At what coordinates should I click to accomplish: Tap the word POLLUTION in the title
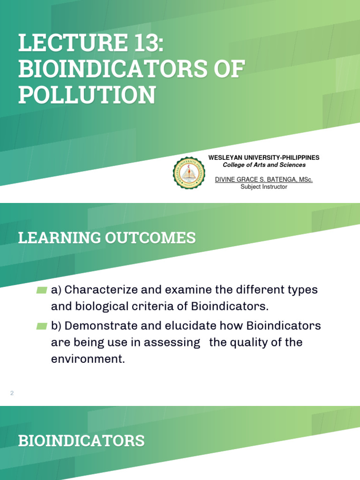pyautogui.click(x=87, y=95)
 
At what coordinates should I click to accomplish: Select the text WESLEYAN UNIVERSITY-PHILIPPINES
pyautogui.click(x=264, y=158)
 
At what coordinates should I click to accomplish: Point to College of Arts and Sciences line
pyautogui.click(x=264, y=165)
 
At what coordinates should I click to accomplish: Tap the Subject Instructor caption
pyautogui.click(x=263, y=187)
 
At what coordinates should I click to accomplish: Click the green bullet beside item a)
pyautogui.click(x=42, y=291)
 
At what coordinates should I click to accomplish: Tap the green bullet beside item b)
pyautogui.click(x=42, y=326)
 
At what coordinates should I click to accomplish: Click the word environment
pyautogui.click(x=88, y=360)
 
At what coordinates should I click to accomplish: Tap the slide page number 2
pyautogui.click(x=12, y=393)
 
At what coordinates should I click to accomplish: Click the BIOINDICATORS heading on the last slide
pyautogui.click(x=81, y=441)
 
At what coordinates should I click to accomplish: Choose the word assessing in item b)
pyautogui.click(x=172, y=343)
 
